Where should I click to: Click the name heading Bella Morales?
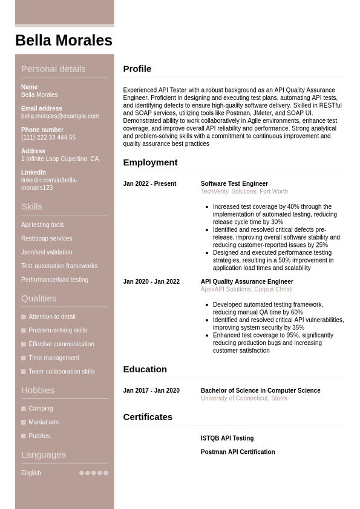point(64,41)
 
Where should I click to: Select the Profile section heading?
point(137,69)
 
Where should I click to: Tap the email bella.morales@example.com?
point(60,116)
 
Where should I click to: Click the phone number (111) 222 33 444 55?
point(48,137)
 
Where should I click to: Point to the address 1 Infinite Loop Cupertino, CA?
point(60,159)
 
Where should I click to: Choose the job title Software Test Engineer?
point(234,184)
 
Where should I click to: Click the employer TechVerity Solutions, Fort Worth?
point(244,192)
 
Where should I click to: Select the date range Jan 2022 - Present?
point(149,184)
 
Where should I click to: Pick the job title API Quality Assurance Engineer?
point(247,282)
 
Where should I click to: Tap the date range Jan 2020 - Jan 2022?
point(151,282)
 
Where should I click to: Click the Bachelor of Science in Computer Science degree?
point(260,391)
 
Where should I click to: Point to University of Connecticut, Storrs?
point(244,399)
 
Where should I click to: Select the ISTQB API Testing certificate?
point(227,439)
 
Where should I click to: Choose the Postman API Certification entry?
point(238,453)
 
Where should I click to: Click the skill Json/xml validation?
point(47,252)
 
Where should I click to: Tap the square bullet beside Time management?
point(24,358)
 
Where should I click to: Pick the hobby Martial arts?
point(44,422)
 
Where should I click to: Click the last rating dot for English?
point(106,473)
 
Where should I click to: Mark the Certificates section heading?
point(148,417)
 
